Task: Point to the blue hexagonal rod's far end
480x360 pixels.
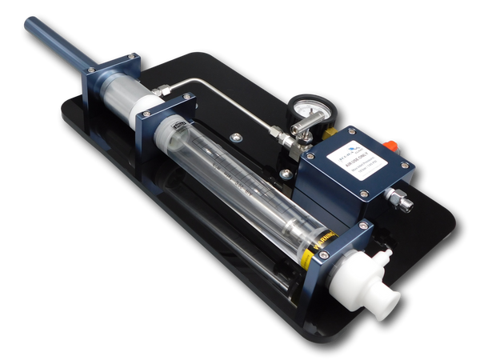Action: click(x=28, y=24)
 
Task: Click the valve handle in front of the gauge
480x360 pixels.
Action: click(x=300, y=144)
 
